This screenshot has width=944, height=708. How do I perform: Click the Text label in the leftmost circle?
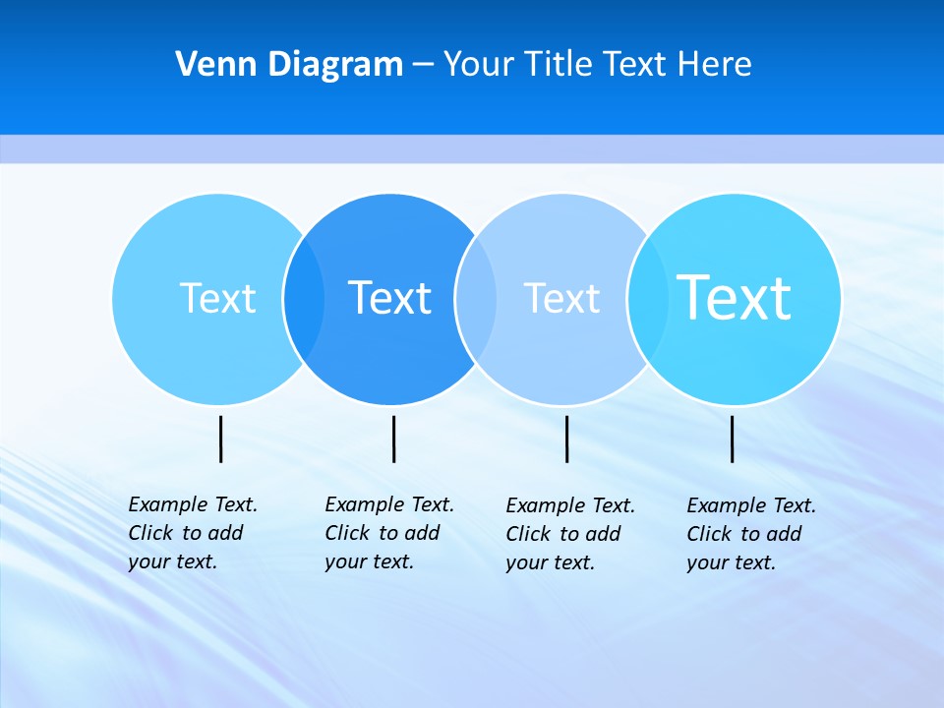pyautogui.click(x=217, y=298)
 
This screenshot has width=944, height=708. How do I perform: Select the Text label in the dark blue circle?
pyautogui.click(x=390, y=298)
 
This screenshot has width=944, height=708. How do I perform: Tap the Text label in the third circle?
pyautogui.click(x=561, y=298)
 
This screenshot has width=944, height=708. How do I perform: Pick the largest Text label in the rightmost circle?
pyautogui.click(x=735, y=298)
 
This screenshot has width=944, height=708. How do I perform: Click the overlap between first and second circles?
pyautogui.click(x=304, y=298)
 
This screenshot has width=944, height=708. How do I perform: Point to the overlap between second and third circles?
pyautogui.click(x=476, y=298)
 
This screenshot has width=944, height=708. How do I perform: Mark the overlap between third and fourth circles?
pyautogui.click(x=648, y=298)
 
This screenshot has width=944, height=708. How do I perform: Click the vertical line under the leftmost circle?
pyautogui.click(x=221, y=439)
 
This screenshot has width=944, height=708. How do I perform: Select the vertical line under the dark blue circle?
pyautogui.click(x=393, y=439)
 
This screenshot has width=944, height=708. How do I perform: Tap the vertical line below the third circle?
pyautogui.click(x=566, y=439)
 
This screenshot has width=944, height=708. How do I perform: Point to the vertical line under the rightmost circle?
pyautogui.click(x=733, y=439)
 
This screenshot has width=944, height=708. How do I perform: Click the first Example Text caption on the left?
pyautogui.click(x=193, y=533)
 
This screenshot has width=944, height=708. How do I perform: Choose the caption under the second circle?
pyautogui.click(x=389, y=533)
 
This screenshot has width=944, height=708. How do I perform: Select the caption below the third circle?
pyautogui.click(x=570, y=534)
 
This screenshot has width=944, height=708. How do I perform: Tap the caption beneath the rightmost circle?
pyautogui.click(x=751, y=534)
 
